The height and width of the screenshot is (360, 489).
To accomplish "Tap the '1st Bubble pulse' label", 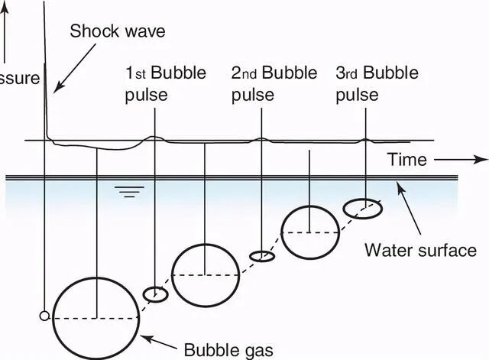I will pos(155,83).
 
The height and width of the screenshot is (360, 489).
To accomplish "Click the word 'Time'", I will pos(406,160).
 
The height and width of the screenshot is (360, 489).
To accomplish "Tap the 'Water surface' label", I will pos(420,249).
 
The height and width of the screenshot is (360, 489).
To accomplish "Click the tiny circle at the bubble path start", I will pos(45,316).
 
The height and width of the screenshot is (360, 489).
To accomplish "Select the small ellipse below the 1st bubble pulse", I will pos(156,294).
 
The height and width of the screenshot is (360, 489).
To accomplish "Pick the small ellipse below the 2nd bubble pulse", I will pos(262,256).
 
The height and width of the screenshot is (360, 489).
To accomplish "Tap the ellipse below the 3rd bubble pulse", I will pos(362,208).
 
